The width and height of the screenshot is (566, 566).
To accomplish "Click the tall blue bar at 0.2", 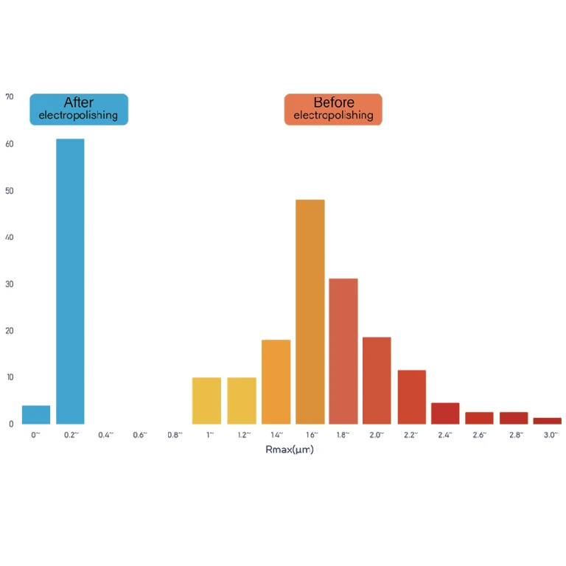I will tap(70, 281).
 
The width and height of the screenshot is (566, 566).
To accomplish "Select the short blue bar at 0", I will tap(36, 415).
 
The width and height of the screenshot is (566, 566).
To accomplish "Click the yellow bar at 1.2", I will tap(242, 401).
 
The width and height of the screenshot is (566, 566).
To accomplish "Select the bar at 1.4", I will tap(276, 382).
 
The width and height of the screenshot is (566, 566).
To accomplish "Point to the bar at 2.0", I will tap(377, 380).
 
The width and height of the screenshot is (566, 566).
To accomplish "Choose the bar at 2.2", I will tap(411, 396).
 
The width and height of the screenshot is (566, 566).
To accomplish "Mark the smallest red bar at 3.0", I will tap(547, 421).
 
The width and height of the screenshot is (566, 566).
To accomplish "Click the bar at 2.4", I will tap(445, 413).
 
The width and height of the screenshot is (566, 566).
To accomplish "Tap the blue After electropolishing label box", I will tap(79, 109).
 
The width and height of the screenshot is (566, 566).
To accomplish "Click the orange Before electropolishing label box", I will tap(333, 109).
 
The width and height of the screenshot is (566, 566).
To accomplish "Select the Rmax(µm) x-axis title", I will tap(290, 450).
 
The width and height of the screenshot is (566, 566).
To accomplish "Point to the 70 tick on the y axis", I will tap(9, 97).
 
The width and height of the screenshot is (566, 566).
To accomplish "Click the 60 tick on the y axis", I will tap(9, 144).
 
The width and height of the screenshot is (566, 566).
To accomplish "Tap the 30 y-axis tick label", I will tap(9, 284).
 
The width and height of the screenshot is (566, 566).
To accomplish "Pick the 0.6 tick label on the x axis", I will tap(140, 435).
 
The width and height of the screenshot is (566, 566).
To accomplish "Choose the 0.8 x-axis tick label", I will tap(175, 435).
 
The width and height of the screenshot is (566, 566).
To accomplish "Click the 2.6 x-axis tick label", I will tap(480, 435).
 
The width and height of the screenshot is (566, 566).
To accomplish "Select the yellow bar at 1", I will tap(206, 401).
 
